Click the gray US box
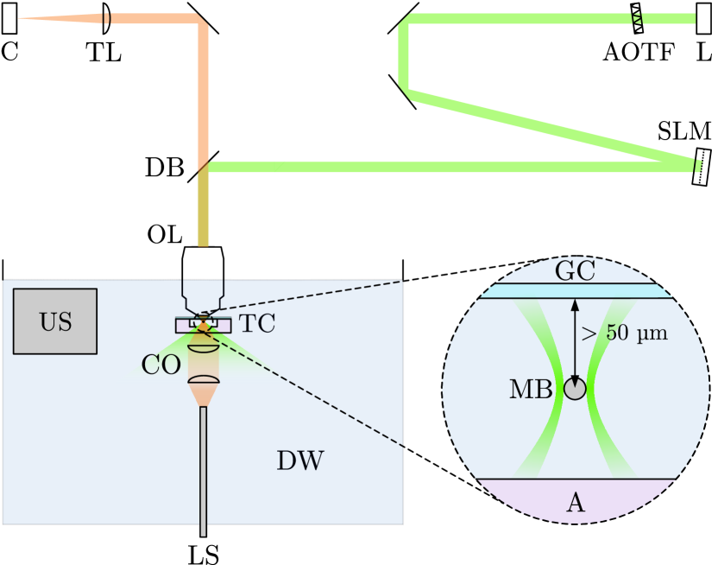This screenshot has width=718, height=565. [55, 321]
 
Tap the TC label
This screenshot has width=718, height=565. [257, 325]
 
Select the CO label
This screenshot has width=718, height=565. [161, 365]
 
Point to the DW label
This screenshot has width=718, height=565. [300, 461]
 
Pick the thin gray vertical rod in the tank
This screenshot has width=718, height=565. [204, 471]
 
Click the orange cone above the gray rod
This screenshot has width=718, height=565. [204, 396]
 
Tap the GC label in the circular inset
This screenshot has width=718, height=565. [575, 271]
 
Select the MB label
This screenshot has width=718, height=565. [530, 390]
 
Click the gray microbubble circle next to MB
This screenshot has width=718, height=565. [575, 389]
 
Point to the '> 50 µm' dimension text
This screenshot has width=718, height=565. [624, 333]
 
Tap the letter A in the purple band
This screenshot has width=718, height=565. [575, 502]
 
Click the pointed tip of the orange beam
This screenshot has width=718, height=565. [22, 18]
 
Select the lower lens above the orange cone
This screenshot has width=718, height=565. [204, 381]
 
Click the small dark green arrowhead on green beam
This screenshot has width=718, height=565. [278, 166]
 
